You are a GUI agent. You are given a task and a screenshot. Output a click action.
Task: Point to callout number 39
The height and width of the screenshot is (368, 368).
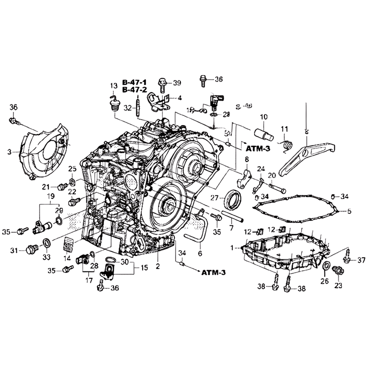[177, 83]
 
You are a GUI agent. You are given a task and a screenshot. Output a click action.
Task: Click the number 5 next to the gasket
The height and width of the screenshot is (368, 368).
[349, 212]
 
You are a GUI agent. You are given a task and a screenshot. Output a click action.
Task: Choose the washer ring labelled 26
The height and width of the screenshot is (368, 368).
[326, 267]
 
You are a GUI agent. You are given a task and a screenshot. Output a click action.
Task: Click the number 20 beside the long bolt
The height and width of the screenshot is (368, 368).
[271, 175]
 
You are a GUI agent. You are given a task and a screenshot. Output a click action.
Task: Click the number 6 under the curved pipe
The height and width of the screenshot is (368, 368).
[200, 253]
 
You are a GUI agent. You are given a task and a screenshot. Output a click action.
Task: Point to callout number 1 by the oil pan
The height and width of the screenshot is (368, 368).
[232, 247]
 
